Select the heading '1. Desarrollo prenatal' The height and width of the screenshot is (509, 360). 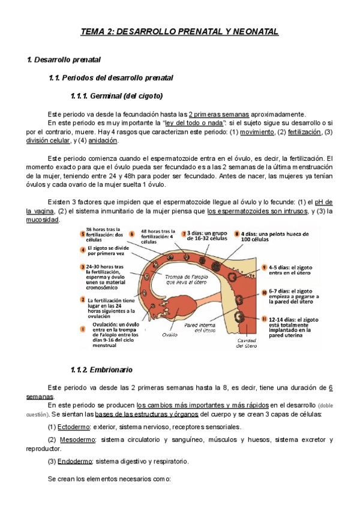pos(64,60)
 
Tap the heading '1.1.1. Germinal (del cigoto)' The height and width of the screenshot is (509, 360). pos(117,95)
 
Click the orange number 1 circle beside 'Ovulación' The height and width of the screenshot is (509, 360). pos(83,328)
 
